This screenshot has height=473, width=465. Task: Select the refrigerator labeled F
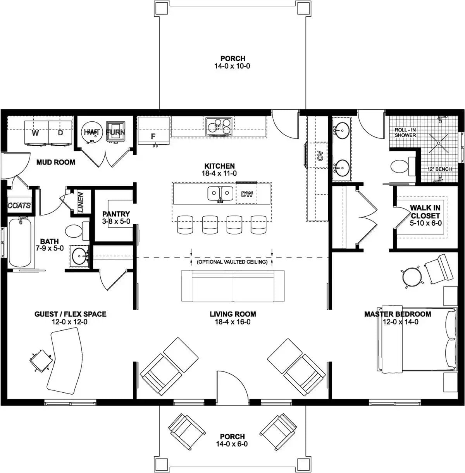click(x=153, y=132)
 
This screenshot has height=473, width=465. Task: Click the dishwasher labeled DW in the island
click(x=247, y=194)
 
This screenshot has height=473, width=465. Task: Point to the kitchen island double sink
click(x=220, y=193)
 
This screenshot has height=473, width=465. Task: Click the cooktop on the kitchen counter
click(x=219, y=126)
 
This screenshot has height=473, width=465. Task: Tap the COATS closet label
click(x=19, y=205)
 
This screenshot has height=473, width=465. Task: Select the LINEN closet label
click(x=81, y=202)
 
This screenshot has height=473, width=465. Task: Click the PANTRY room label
click(x=116, y=214)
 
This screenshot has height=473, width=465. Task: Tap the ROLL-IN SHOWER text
click(x=405, y=133)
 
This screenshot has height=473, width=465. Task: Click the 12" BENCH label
click(x=440, y=169)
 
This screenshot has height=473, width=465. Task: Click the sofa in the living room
click(x=233, y=286)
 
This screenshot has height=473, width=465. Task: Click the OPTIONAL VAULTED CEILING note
click(x=232, y=262)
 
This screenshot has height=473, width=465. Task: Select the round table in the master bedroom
click(x=412, y=276)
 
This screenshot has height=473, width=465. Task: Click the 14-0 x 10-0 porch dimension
click(x=232, y=66)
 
